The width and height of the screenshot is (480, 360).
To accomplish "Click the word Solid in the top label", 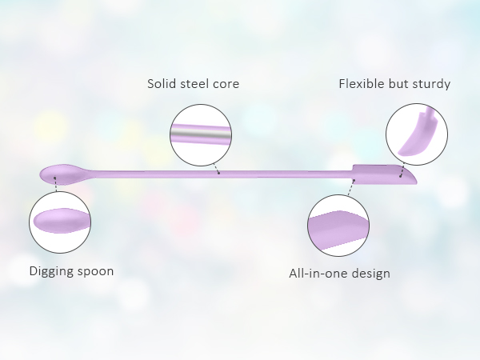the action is coord(162,83).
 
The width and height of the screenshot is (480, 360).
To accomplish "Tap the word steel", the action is coord(194,83).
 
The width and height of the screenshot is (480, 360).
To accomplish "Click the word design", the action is coord(370,274).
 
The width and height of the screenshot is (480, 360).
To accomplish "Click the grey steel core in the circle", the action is coord(201,134).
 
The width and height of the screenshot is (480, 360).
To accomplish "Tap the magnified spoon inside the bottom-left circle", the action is coord(62,221).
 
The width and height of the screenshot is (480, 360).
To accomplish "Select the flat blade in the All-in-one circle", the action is coord(338,230).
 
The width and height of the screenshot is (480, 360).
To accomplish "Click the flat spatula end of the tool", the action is coord(384,174).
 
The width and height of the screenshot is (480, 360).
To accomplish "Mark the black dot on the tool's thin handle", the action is coord(218,174).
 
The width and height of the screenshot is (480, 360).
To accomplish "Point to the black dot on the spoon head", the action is coord(54,178).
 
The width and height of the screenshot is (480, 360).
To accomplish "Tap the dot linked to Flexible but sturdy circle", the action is coord(401,176).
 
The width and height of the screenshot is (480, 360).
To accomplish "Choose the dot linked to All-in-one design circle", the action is coord(354,181).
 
